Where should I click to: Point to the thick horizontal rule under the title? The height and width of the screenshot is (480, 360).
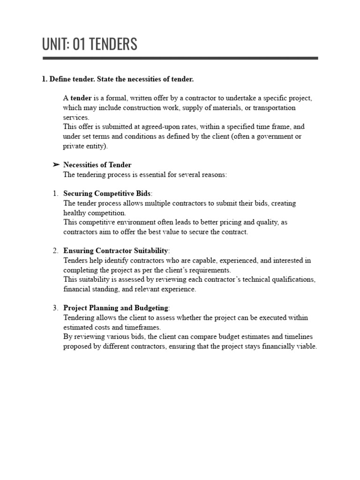point(180,58)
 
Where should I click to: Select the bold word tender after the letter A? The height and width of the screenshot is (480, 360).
point(81,98)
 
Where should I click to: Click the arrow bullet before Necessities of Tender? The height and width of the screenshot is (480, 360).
point(56,165)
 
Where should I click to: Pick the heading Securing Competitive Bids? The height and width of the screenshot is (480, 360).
point(107,194)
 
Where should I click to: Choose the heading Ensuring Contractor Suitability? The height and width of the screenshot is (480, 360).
point(115,251)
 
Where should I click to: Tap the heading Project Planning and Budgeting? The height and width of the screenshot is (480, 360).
point(115,308)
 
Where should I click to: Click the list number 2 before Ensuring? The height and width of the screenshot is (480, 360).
point(55,251)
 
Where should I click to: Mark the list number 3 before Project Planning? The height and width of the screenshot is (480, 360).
point(55,308)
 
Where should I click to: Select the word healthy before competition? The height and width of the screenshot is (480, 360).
point(75,213)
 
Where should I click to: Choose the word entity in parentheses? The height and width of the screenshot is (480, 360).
point(96,146)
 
